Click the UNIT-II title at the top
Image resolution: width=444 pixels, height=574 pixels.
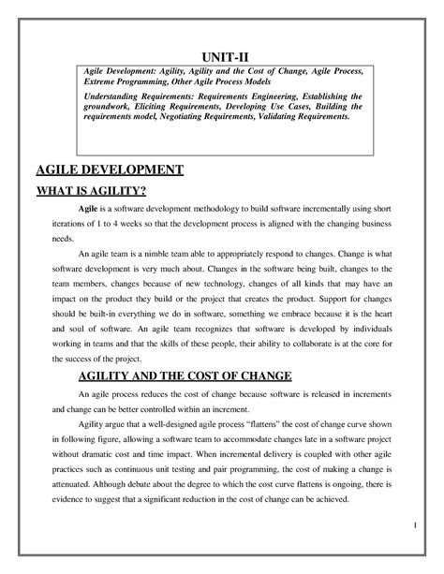click(x=221, y=53)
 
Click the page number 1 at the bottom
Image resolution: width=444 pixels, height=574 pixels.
click(x=412, y=534)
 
